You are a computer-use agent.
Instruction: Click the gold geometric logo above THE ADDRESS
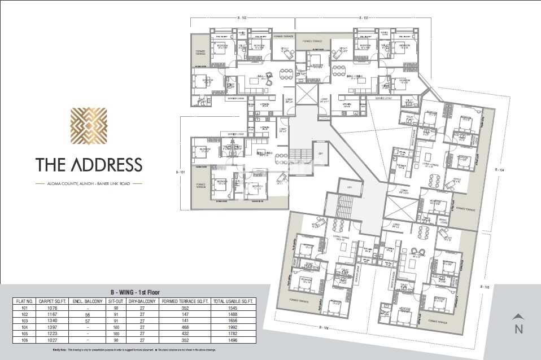click(x=88, y=128)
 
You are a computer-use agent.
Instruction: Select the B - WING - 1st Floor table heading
click(x=135, y=292)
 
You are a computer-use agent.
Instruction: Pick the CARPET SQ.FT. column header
click(x=54, y=301)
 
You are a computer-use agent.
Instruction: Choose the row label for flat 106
click(x=25, y=340)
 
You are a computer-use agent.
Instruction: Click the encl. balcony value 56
click(x=88, y=314)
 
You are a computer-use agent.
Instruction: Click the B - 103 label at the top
click(x=362, y=18)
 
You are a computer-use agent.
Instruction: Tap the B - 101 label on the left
click(x=180, y=171)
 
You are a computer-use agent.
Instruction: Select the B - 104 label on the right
click(x=498, y=169)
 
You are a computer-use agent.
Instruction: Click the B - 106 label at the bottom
click(x=324, y=327)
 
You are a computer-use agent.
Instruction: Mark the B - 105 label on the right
click(x=484, y=287)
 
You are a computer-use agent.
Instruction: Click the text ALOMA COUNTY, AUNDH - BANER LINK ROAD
click(x=88, y=183)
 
